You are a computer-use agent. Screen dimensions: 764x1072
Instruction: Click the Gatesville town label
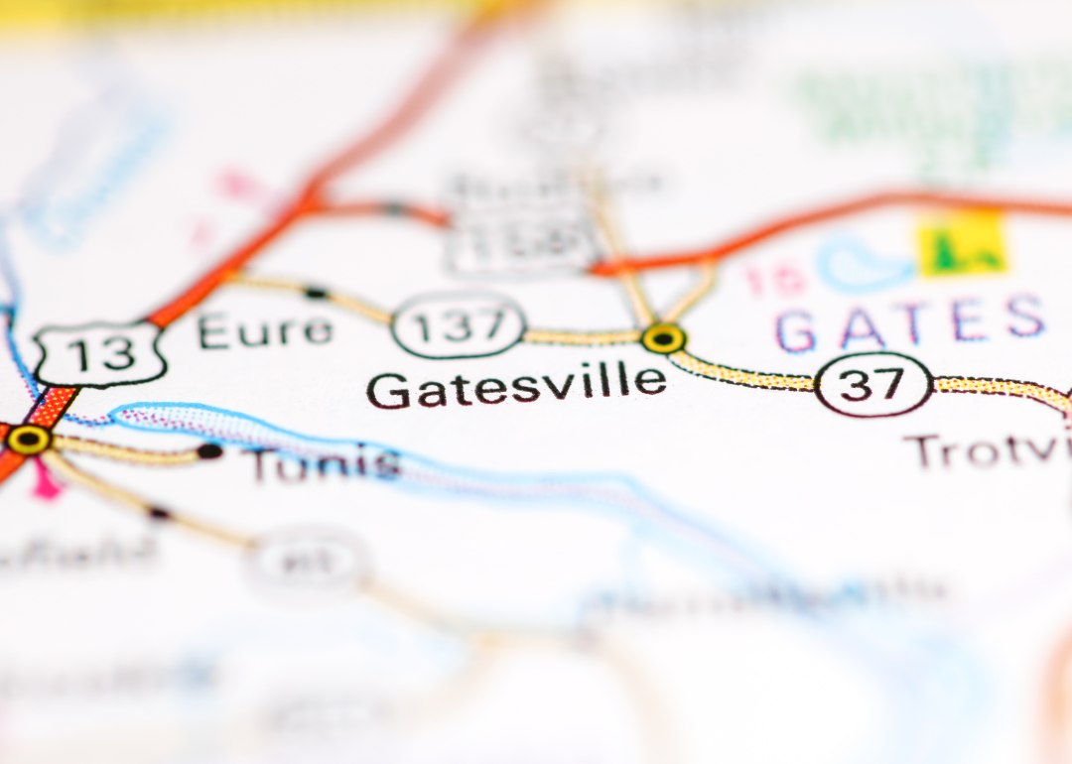(x=516, y=385)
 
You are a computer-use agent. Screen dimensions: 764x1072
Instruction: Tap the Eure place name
(x=264, y=330)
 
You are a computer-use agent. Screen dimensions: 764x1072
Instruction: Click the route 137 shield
(x=459, y=325)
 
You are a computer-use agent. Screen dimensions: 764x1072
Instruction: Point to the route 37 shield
(x=873, y=384)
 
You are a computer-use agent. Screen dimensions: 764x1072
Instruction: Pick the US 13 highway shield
(x=99, y=353)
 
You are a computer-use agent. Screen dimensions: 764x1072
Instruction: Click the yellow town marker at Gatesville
(x=663, y=338)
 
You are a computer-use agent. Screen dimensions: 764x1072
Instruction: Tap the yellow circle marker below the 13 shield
(x=28, y=440)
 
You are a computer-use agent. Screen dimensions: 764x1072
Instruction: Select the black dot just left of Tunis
(x=209, y=451)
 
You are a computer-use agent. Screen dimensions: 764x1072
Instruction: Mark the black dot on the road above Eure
(x=316, y=293)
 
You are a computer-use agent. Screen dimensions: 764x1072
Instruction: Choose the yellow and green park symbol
(x=961, y=244)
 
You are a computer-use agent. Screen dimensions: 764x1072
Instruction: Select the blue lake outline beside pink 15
(x=858, y=262)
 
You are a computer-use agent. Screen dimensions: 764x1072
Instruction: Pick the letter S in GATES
(x=1023, y=318)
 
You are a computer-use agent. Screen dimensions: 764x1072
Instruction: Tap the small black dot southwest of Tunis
(x=159, y=513)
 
